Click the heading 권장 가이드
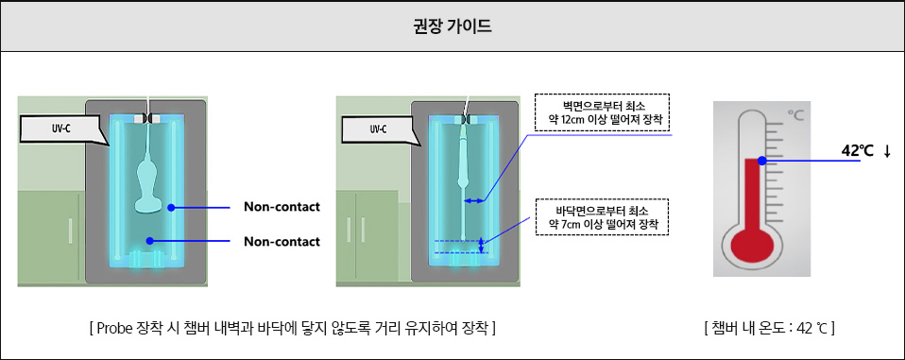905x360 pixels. (x=452, y=26)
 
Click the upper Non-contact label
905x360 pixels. (x=282, y=207)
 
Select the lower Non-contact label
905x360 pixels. (x=282, y=241)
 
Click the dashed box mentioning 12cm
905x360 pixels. (x=601, y=111)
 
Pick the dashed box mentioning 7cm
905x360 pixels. (x=601, y=217)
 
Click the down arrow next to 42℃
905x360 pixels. (x=888, y=151)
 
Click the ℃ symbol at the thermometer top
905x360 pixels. (x=796, y=115)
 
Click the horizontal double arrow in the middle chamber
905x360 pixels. (x=472, y=200)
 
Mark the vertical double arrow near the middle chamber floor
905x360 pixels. (x=481, y=246)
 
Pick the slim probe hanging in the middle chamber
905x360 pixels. (x=463, y=161)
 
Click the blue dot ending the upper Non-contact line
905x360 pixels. (x=171, y=207)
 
